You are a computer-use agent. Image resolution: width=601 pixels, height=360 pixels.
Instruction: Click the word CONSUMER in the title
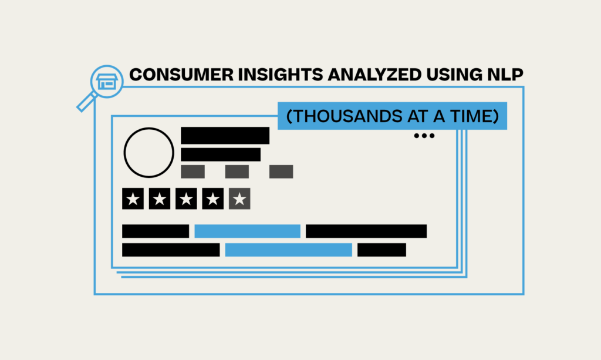[x=181, y=75]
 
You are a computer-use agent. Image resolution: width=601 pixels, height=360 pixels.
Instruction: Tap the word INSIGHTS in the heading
[x=281, y=75]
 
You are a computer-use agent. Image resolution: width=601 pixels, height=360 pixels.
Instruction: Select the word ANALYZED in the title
[x=374, y=75]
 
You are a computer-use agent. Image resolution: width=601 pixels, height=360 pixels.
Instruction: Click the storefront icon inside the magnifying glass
[x=107, y=82]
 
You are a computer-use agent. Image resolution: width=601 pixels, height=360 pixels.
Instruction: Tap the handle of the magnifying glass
[x=87, y=102]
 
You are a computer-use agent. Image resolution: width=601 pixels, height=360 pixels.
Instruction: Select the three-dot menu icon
[x=424, y=136]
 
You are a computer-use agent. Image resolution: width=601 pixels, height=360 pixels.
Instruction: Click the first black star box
[x=133, y=198]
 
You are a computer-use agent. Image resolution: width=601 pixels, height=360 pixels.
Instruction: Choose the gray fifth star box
[x=239, y=198]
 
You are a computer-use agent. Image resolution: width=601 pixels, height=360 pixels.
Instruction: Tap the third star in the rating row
[x=186, y=198]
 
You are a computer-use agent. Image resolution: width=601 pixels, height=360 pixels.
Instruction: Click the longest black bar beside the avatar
[x=225, y=136]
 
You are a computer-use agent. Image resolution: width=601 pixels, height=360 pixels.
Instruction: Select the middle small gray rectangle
[x=237, y=171]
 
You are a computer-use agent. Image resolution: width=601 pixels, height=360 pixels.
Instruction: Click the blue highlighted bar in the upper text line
[x=247, y=231]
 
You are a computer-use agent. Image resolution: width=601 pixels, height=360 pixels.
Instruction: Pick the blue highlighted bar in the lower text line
[x=289, y=250]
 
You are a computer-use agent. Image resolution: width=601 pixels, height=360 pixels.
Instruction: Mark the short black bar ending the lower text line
[x=381, y=250]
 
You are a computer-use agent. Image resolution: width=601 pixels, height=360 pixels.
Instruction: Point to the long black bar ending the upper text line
[x=366, y=231]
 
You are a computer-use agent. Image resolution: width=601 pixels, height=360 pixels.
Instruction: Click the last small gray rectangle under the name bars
[x=281, y=171]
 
